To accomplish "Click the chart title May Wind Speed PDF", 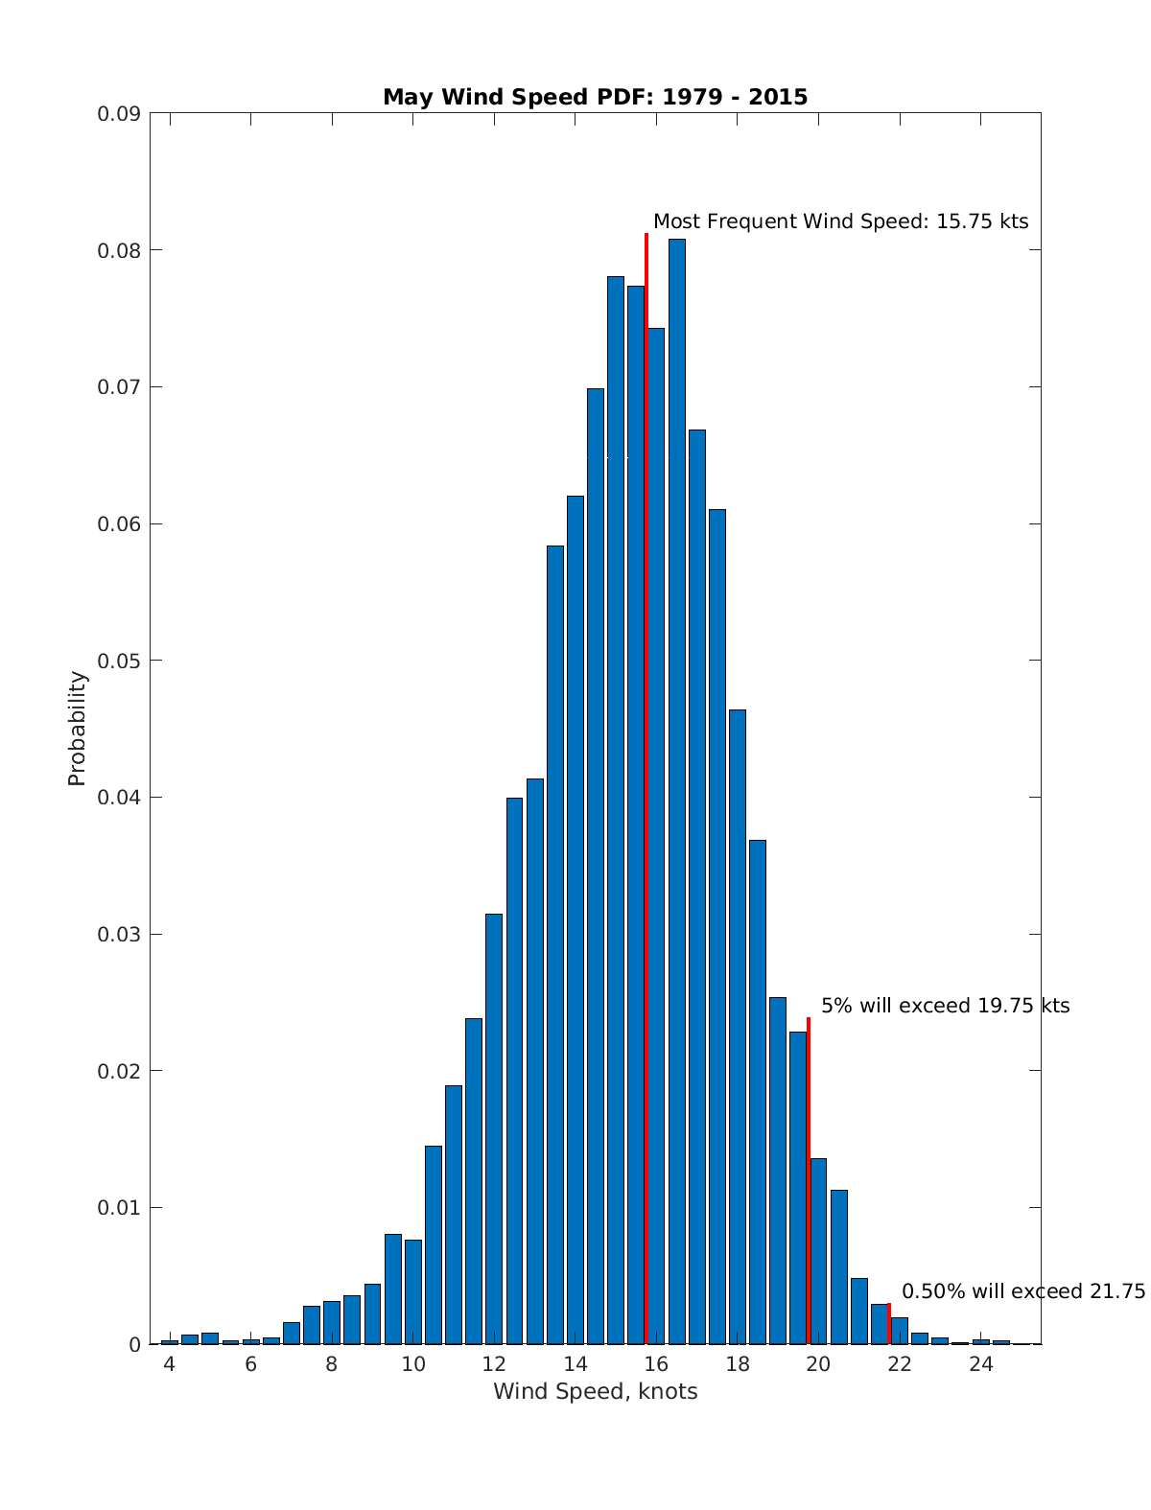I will click(x=595, y=97).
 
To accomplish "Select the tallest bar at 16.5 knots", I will click(x=677, y=786).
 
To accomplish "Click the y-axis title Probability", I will click(x=78, y=729).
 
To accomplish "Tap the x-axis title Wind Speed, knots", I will click(x=595, y=1391).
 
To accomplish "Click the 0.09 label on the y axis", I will click(x=119, y=114).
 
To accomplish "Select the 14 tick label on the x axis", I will click(x=575, y=1365).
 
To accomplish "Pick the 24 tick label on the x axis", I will click(x=980, y=1365).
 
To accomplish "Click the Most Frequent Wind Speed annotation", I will click(x=840, y=221).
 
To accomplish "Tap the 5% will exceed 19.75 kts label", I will click(x=945, y=1006).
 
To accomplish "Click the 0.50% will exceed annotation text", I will click(x=1022, y=1291).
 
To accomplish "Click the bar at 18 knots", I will click(x=738, y=1026).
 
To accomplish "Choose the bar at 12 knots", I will click(x=494, y=1128).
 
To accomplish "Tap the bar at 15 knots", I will click(x=616, y=810).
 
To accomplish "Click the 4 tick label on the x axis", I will click(x=170, y=1365).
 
